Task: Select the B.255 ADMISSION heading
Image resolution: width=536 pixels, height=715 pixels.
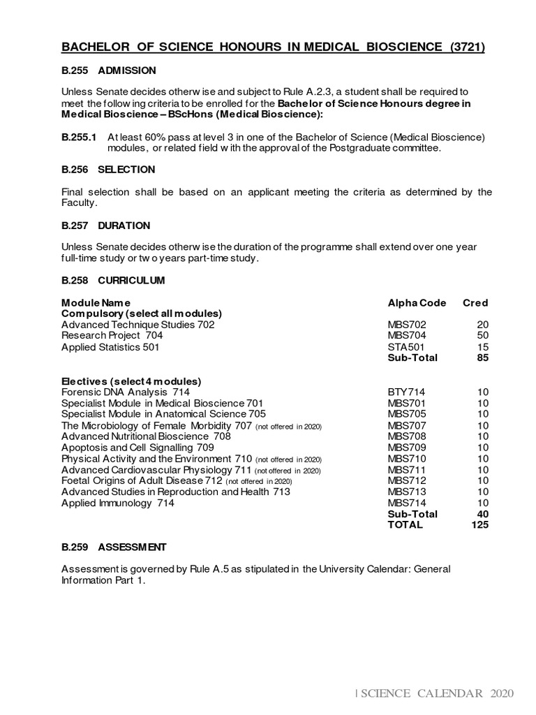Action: (109, 71)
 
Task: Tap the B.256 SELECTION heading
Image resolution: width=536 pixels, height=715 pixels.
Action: (108, 170)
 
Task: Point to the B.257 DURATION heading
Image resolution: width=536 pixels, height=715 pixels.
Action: (105, 226)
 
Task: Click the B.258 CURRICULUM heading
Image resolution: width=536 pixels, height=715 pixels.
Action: (113, 280)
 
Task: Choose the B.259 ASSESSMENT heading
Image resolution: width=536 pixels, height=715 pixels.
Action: (114, 547)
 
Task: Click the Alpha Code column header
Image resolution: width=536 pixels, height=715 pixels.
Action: (417, 302)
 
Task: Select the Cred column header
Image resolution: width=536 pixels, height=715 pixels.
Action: (475, 302)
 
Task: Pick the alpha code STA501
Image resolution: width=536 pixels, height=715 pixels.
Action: (407, 347)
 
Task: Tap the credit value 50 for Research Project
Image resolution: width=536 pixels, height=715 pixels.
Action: (482, 336)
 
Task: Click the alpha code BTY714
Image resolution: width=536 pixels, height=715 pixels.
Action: (407, 392)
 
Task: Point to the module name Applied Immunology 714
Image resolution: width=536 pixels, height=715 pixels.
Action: (117, 503)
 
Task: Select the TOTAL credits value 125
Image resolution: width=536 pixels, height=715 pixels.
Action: (479, 524)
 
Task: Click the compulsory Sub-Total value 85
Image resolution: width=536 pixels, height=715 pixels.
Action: (482, 357)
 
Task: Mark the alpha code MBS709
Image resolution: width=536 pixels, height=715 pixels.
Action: (407, 448)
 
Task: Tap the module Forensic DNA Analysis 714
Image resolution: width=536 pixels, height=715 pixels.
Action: (126, 392)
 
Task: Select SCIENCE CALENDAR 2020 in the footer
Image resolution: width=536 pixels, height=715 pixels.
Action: (436, 693)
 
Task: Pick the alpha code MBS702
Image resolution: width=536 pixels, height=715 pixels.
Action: (407, 325)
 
